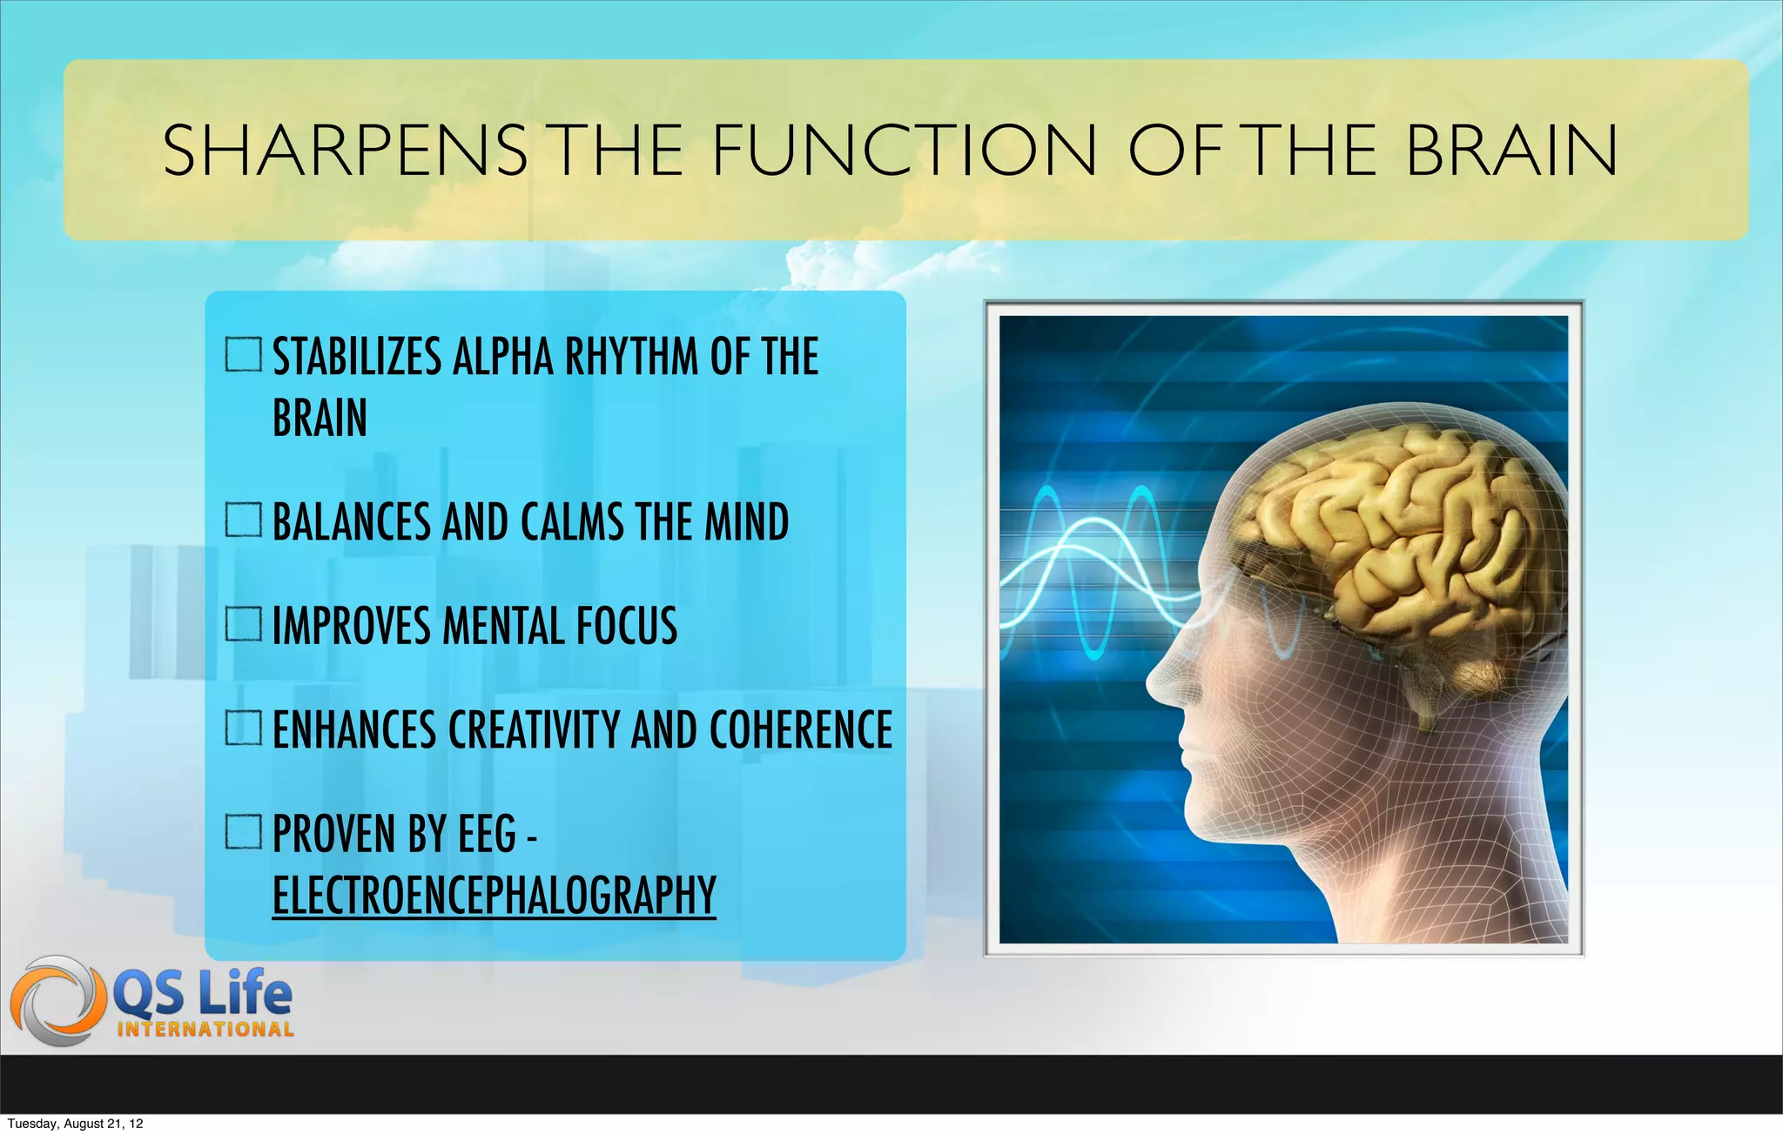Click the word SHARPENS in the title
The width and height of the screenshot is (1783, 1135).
click(x=345, y=151)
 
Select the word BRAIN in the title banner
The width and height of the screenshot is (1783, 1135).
click(x=1512, y=151)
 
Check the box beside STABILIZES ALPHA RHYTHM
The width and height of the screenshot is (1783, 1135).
click(x=243, y=354)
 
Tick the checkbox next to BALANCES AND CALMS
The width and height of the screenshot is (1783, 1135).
click(x=243, y=520)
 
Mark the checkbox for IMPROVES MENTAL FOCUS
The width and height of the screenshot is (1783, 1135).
click(x=243, y=623)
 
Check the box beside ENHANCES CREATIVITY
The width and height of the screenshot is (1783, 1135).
click(x=243, y=728)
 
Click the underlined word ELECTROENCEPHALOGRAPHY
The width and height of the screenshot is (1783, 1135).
click(x=494, y=895)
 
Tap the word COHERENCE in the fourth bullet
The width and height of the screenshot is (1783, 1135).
click(x=801, y=729)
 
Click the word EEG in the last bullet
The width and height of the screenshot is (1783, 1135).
click(x=488, y=834)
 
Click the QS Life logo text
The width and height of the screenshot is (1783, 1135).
click(x=203, y=995)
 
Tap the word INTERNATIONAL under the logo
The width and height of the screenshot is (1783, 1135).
click(x=205, y=1030)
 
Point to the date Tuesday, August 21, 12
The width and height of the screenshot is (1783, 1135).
click(x=75, y=1124)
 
